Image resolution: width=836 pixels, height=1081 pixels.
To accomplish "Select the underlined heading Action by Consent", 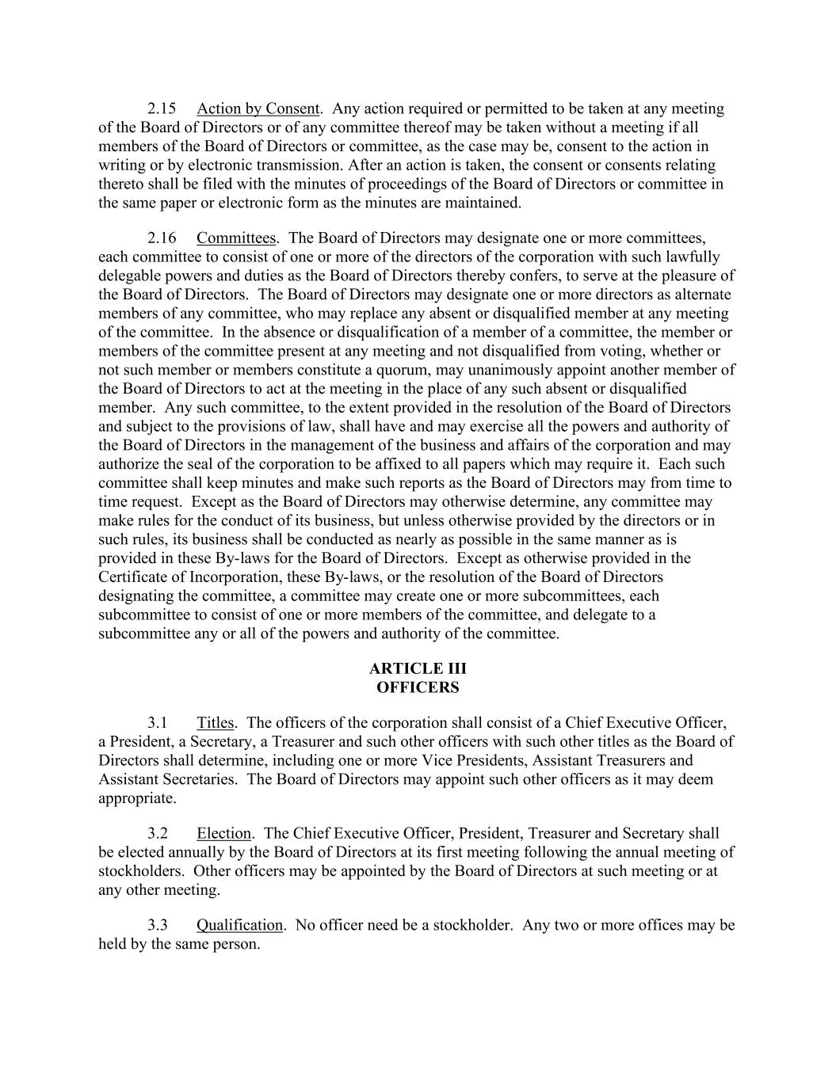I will (x=258, y=108).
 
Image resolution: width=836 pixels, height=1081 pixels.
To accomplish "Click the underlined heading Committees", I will (x=236, y=238).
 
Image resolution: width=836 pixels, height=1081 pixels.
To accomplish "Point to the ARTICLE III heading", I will (x=418, y=669).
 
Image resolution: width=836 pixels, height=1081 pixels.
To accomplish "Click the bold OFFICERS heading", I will (x=418, y=687).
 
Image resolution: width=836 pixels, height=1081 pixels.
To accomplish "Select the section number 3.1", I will (x=158, y=722).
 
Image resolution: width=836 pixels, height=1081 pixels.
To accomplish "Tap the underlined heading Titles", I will (x=216, y=722).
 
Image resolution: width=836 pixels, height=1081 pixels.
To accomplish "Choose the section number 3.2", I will (x=158, y=833).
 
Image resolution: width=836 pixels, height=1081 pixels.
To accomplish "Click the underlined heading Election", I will (x=223, y=833).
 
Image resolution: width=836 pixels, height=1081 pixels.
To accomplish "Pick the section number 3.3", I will (x=158, y=925).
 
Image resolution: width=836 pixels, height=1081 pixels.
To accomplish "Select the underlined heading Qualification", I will (x=239, y=925).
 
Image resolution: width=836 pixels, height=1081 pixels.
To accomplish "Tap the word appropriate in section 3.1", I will (x=136, y=798).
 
